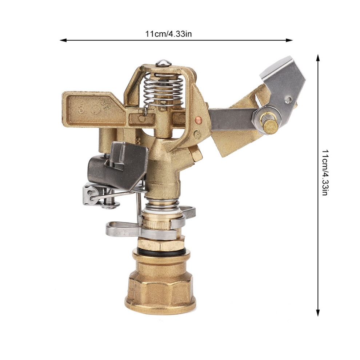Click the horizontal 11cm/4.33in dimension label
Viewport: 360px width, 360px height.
168,34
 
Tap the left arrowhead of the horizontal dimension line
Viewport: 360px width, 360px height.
63,40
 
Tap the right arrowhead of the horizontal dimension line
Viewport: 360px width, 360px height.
289,40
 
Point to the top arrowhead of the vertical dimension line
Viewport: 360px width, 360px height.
318,58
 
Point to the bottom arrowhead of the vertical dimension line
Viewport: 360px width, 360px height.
318,313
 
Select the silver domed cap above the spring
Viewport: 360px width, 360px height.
163,63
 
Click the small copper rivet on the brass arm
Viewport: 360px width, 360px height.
198,119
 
